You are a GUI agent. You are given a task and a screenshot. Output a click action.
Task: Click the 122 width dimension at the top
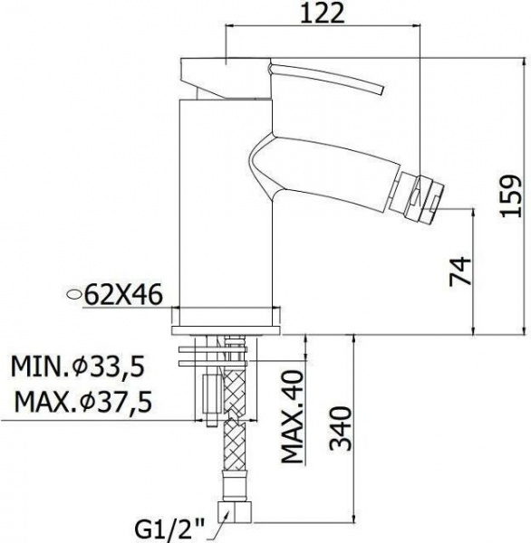(x=323, y=14)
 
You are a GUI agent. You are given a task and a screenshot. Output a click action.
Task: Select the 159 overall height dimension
(x=511, y=196)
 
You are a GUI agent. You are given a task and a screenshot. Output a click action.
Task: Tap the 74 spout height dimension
(x=460, y=271)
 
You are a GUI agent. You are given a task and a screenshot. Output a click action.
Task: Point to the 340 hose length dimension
(x=340, y=428)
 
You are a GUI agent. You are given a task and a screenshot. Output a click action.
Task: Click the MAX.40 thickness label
(x=292, y=416)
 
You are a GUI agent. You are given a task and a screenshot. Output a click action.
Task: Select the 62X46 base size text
(x=123, y=295)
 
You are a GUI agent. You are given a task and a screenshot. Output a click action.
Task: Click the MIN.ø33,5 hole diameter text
(x=78, y=367)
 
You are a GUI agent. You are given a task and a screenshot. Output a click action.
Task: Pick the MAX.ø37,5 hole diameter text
(x=83, y=402)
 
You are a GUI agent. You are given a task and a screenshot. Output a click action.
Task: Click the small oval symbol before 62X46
(x=74, y=294)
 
